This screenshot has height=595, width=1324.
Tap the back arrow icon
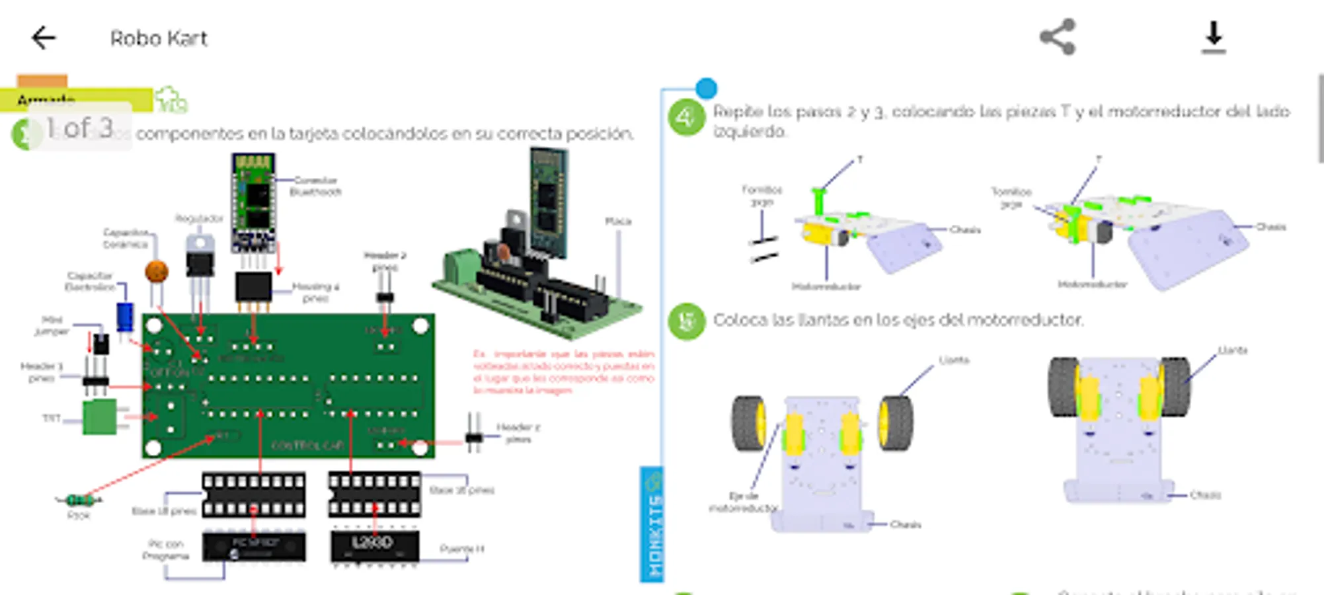44,38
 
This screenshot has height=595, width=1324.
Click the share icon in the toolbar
1058,37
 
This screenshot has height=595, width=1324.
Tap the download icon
1214,37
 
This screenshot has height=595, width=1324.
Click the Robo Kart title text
159,38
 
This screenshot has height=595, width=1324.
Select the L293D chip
374,545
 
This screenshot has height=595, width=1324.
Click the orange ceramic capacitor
157,271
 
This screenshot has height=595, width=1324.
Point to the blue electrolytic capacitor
125,317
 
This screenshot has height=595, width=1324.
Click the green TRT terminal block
100,416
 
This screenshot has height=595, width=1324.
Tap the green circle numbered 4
686,118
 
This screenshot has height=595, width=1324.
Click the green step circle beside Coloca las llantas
686,321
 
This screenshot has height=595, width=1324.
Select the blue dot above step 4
706,88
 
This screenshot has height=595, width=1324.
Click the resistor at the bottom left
79,500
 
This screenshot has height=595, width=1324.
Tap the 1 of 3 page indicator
79,127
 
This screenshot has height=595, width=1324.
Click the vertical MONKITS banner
652,526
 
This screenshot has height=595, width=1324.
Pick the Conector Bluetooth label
315,186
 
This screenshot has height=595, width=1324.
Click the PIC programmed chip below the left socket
254,547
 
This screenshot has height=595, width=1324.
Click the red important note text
563,372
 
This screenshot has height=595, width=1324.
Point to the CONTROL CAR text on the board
307,445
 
